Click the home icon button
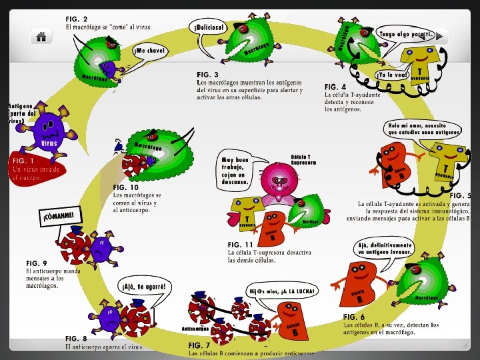click(41, 37)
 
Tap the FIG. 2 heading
click(77, 19)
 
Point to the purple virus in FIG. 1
click(47, 129)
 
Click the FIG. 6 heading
click(354, 317)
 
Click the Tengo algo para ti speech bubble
click(406, 34)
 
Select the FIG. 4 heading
click(335, 87)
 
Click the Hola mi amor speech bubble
click(424, 128)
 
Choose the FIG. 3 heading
click(208, 74)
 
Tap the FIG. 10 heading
click(126, 187)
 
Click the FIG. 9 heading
click(37, 263)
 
